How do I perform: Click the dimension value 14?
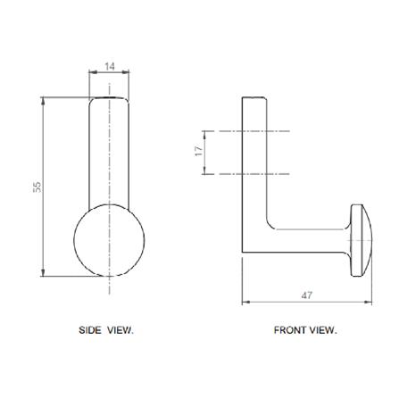110,66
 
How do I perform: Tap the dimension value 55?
37,187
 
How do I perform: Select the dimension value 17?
199,151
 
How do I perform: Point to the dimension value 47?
307,295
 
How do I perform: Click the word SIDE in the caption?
89,330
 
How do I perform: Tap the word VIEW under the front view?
323,330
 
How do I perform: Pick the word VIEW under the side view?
121,330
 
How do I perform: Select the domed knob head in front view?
361,240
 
